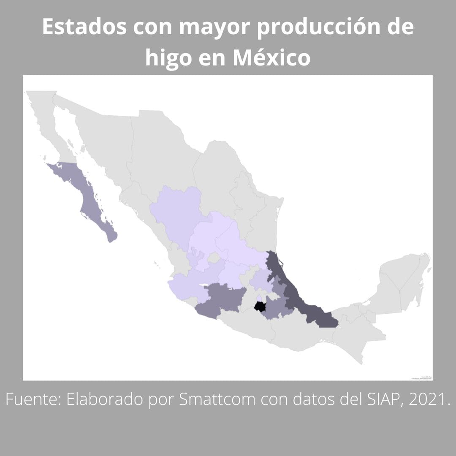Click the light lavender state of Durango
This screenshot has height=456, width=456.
(177, 211)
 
